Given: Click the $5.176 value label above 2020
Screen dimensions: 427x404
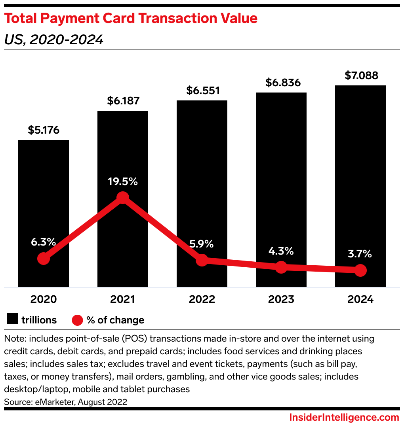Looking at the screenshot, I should (x=44, y=130).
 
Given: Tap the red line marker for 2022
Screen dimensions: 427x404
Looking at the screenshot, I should (x=202, y=260).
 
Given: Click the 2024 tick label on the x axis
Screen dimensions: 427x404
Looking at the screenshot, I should (x=360, y=299).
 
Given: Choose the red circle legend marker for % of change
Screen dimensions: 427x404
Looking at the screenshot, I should (x=77, y=319).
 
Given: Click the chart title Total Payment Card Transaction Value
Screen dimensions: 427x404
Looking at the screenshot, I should (x=131, y=18).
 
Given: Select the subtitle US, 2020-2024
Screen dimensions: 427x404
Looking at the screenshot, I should (x=54, y=40).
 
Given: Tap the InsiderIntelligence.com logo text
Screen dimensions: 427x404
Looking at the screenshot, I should (x=344, y=418).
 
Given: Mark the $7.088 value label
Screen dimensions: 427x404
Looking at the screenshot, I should (x=360, y=76).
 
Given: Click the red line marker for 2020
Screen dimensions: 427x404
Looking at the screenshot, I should (x=44, y=259).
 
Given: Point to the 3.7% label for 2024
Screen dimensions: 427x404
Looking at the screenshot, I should (x=360, y=254).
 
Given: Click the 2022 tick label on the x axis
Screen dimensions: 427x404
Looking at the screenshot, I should (x=202, y=299).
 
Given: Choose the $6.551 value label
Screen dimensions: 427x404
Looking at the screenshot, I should (x=202, y=91).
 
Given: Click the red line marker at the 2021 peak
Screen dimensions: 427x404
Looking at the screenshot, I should (x=123, y=198).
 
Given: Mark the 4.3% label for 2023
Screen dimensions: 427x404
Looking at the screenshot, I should (x=281, y=251).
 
